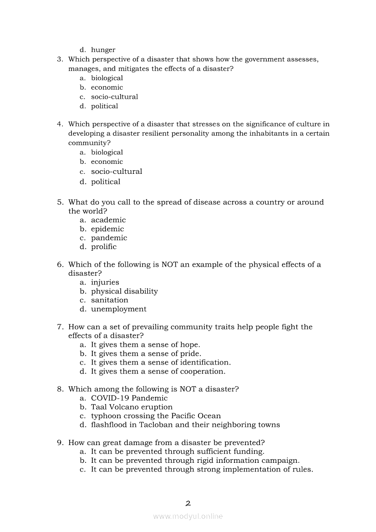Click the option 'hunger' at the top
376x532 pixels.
click(x=103, y=50)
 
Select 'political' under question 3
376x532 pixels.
click(x=104, y=106)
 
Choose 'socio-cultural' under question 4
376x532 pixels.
click(x=117, y=172)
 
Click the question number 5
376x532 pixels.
click(x=60, y=202)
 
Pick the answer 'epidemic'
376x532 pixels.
click(x=107, y=229)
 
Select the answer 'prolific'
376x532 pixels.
click(x=104, y=247)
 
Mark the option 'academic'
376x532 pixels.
click(x=108, y=220)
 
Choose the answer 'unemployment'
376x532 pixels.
click(x=119, y=309)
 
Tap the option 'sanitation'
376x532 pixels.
click(x=110, y=300)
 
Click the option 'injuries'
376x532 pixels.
click(x=105, y=282)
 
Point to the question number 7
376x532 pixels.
click(x=60, y=327)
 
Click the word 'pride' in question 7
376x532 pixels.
click(x=191, y=354)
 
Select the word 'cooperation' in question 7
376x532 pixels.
click(x=203, y=371)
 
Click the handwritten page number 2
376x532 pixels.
click(x=188, y=503)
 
